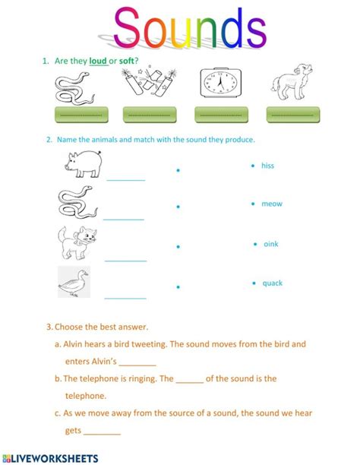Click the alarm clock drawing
[221, 82]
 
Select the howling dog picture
[291, 82]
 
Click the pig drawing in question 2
[84, 164]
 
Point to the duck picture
[74, 282]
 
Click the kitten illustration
[77, 243]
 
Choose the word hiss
[267, 166]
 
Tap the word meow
[272, 204]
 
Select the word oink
[271, 244]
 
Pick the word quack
[273, 283]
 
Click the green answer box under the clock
[221, 115]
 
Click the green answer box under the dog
[293, 115]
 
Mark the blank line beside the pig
[126, 180]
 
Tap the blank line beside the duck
[125, 298]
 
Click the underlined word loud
[98, 61]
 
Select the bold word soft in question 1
[127, 61]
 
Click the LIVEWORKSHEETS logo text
[50, 458]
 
